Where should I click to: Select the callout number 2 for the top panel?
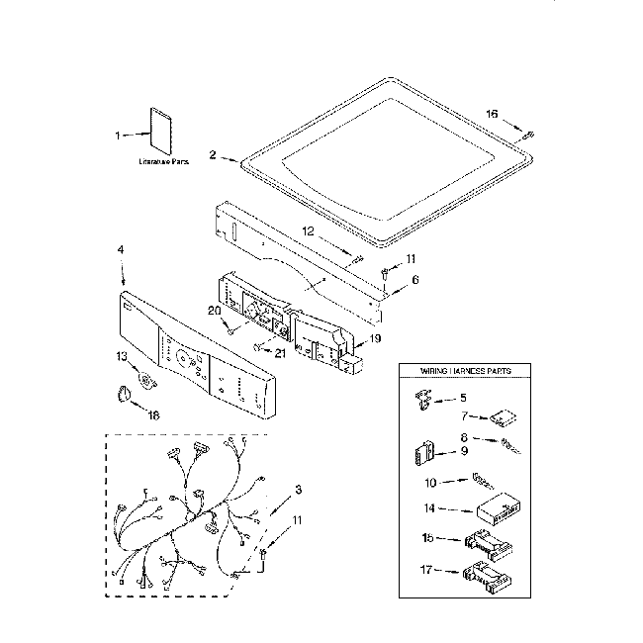pyautogui.click(x=212, y=155)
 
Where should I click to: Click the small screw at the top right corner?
pyautogui.click(x=529, y=134)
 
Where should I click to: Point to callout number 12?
pyautogui.click(x=308, y=230)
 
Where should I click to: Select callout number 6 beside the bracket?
pyautogui.click(x=414, y=279)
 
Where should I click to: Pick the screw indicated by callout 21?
pyautogui.click(x=258, y=346)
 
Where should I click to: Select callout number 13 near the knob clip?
pyautogui.click(x=122, y=355)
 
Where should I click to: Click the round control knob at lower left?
pyautogui.click(x=122, y=396)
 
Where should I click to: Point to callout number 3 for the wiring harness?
pyautogui.click(x=298, y=490)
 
